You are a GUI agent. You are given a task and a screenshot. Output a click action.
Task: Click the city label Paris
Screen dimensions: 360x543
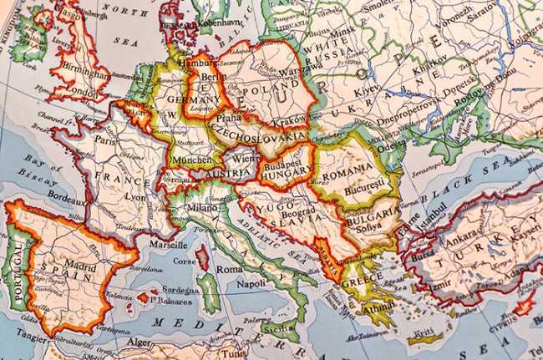104,139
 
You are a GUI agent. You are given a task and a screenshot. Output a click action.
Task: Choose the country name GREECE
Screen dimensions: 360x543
360,282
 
